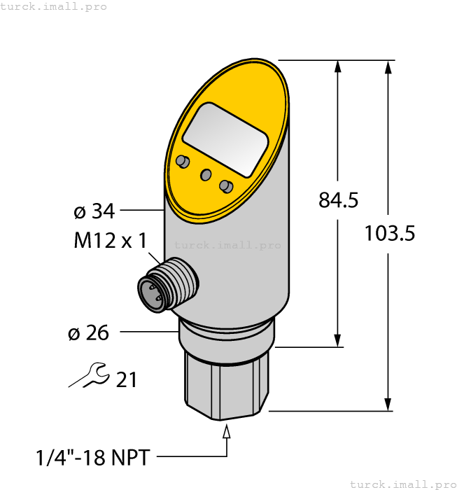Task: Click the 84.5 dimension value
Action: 338,200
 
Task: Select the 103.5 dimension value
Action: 389,233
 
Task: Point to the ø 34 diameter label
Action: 94,210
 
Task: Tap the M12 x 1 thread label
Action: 110,241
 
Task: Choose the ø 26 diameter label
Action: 89,333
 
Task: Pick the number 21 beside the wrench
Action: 126,380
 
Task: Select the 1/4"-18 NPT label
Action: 92,458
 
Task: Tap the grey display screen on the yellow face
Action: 225,139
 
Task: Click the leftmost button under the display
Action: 183,162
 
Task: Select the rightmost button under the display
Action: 225,185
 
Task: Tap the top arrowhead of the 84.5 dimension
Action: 338,66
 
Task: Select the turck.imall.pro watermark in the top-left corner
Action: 54,6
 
